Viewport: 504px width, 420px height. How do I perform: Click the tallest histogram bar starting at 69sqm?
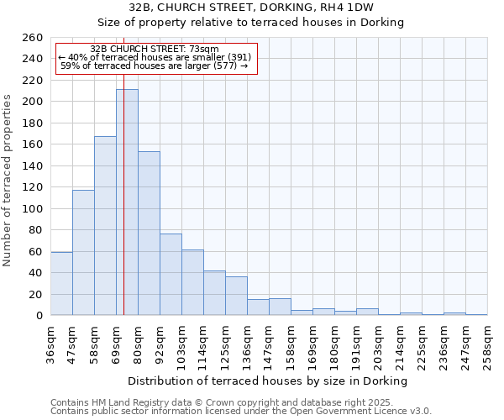[x=127, y=202]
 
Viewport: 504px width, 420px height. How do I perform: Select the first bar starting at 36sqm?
[x=61, y=284]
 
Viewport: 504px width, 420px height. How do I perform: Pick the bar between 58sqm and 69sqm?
[x=105, y=226]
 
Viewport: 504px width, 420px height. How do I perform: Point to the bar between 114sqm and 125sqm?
[x=214, y=293]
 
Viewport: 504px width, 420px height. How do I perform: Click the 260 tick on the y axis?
[x=34, y=38]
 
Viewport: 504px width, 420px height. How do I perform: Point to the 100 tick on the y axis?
[x=34, y=208]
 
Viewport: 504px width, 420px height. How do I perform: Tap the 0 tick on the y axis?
[x=39, y=316]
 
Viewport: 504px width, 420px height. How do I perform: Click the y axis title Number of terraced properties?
[x=9, y=181]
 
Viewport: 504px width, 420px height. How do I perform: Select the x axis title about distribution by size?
[x=269, y=381]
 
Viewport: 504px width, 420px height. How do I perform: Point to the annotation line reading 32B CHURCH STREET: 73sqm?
[x=155, y=50]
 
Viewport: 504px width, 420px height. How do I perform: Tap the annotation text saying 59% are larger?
[x=155, y=66]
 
